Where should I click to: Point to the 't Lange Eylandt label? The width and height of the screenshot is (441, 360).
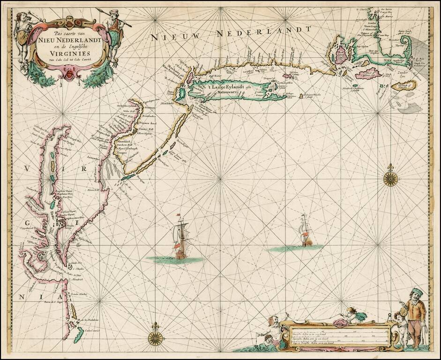click(226, 85)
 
